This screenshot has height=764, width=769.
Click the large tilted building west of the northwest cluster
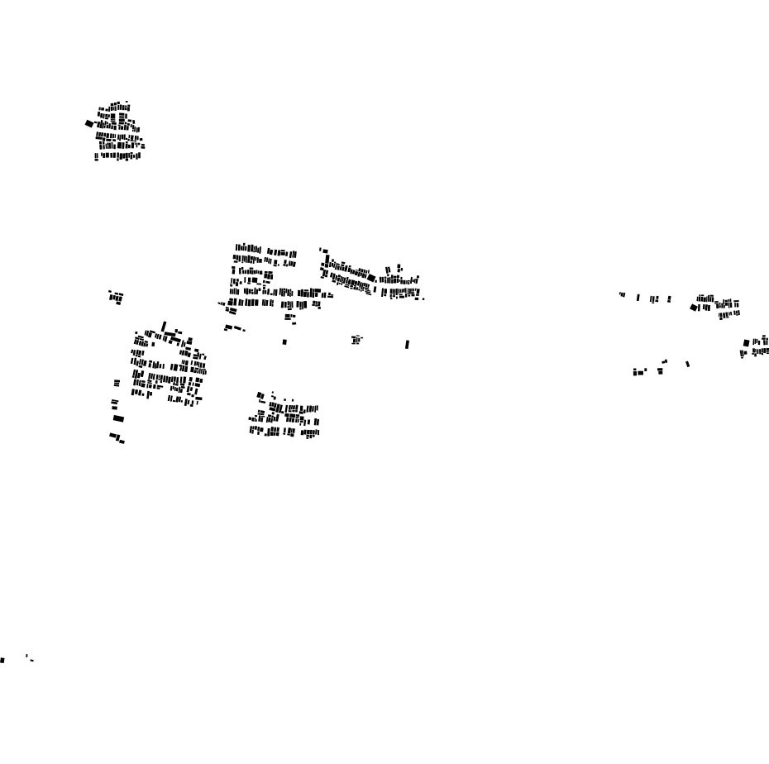(x=89, y=124)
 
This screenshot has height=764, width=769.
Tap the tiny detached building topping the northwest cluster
(x=127, y=102)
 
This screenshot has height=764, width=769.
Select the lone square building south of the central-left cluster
(x=284, y=341)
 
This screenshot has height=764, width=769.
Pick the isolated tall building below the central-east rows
(x=407, y=344)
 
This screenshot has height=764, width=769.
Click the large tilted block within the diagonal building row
(x=371, y=278)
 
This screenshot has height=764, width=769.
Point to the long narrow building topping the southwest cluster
(x=164, y=327)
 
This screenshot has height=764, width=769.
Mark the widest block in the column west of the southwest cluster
(x=118, y=418)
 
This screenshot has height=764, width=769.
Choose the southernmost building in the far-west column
(x=122, y=442)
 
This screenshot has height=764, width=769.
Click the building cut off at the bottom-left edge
(x=2, y=660)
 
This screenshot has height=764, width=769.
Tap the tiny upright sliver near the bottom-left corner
(x=26, y=657)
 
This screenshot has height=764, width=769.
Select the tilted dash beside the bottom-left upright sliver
(x=31, y=660)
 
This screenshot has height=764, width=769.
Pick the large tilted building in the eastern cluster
(x=694, y=308)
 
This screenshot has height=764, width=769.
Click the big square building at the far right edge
(x=746, y=342)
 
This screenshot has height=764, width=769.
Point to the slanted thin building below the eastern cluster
(x=687, y=363)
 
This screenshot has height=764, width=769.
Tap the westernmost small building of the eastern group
(x=621, y=294)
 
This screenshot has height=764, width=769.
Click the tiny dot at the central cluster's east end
(x=423, y=298)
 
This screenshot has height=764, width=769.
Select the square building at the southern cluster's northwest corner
(x=260, y=395)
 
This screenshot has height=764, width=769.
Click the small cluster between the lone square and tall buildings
(x=356, y=339)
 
